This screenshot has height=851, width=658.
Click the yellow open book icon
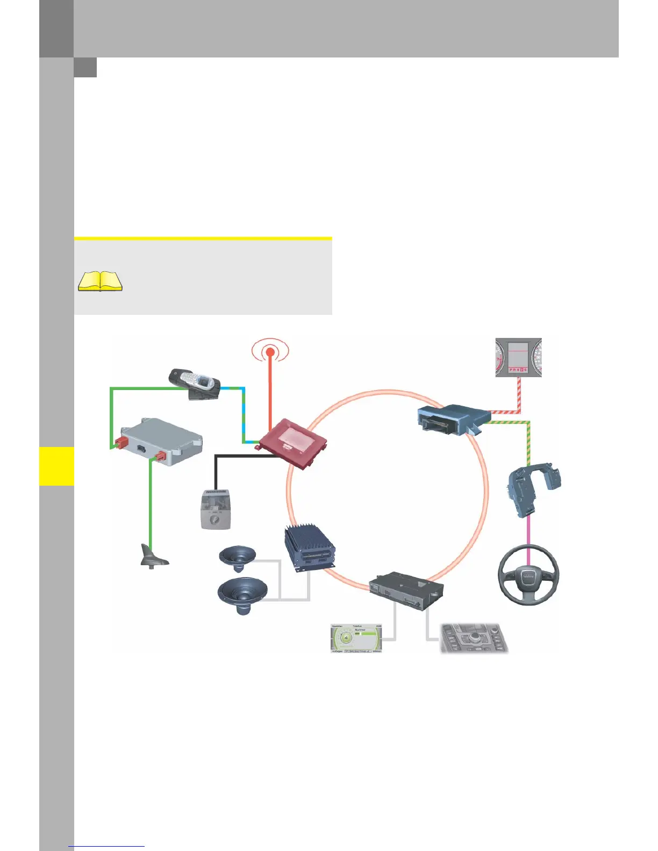click(x=101, y=281)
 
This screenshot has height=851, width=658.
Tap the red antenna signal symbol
click(x=270, y=352)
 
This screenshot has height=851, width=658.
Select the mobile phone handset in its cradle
click(x=195, y=384)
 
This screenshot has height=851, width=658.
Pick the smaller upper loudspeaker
click(x=238, y=558)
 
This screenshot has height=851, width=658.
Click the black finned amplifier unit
click(x=310, y=548)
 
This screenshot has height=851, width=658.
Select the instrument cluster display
click(x=518, y=357)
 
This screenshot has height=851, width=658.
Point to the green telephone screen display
click(x=356, y=638)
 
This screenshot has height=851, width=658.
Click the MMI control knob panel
click(x=474, y=638)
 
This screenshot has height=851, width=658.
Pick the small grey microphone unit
click(x=216, y=510)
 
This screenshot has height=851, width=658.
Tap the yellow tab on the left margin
click(x=56, y=466)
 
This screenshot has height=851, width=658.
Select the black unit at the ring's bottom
click(x=406, y=590)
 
